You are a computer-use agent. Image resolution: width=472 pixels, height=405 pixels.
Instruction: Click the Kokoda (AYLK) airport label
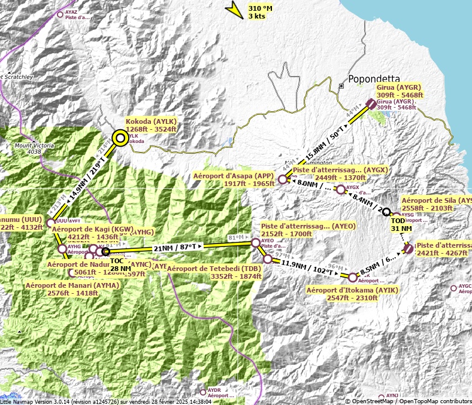[151, 124]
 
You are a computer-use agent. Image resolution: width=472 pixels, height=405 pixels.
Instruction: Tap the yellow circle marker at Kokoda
[120, 138]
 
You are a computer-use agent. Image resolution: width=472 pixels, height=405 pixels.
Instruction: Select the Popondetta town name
[373, 79]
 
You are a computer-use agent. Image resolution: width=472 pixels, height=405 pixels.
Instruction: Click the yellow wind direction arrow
[232, 8]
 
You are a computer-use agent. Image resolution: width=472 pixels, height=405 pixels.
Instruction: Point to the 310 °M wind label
[261, 12]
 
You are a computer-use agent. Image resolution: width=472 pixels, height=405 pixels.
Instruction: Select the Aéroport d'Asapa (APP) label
[234, 179]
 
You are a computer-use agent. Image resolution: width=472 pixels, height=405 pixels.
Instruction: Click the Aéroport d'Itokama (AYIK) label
[352, 294]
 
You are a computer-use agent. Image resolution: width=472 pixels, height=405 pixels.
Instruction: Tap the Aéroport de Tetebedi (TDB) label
[214, 272]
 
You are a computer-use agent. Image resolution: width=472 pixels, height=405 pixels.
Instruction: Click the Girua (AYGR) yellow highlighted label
[400, 91]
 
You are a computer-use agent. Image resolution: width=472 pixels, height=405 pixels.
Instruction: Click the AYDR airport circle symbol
[203, 392]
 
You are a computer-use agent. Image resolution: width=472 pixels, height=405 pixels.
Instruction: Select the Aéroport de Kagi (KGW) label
[92, 233]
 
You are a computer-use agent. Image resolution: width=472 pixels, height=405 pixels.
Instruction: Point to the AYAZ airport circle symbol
[60, 14]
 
